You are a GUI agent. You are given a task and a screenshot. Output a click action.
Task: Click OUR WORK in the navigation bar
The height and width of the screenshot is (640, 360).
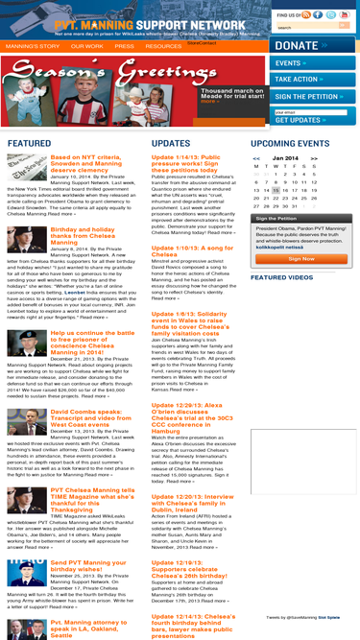tap(87, 46)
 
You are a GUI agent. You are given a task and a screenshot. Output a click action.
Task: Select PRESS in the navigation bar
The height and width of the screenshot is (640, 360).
tap(124, 46)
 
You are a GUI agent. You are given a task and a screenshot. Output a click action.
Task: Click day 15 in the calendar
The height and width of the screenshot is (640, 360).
tap(276, 190)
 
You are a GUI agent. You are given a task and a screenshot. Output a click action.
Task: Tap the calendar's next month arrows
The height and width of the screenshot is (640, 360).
tap(318, 157)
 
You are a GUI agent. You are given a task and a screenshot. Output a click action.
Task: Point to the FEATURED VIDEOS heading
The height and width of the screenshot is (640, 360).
tap(281, 277)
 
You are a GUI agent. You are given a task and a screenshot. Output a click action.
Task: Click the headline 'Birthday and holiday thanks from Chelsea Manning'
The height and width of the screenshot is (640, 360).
tap(92, 236)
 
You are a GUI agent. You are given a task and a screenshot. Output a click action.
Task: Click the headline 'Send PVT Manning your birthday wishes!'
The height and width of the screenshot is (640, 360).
tap(91, 566)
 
